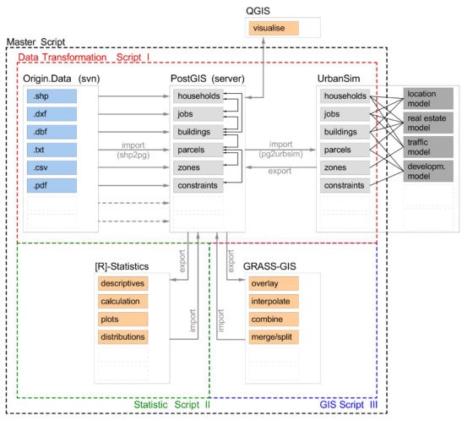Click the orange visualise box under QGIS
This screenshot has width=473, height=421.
point(274,28)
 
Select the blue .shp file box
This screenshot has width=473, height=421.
point(52,96)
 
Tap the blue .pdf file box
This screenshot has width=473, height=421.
point(52,185)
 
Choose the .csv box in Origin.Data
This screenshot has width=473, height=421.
point(52,167)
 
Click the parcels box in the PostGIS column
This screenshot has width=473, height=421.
point(198,150)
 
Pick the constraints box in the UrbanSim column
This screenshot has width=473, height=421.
point(345,185)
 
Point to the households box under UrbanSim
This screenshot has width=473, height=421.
point(345,96)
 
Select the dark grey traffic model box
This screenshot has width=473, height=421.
point(428,147)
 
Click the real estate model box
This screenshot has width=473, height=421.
point(428,123)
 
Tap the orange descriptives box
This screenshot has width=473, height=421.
point(122,283)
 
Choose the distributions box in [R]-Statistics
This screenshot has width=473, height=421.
point(122,336)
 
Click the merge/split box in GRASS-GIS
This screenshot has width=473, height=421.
point(274,336)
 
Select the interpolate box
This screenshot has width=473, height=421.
point(274,301)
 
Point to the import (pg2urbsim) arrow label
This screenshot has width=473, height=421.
point(280,149)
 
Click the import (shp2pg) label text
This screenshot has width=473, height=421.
point(133,150)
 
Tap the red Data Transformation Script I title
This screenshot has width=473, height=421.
point(84,57)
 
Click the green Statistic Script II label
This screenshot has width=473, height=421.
point(171,404)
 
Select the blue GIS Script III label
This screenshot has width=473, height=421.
point(348,404)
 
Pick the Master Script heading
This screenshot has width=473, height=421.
point(35,42)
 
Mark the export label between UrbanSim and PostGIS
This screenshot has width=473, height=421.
point(280,171)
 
